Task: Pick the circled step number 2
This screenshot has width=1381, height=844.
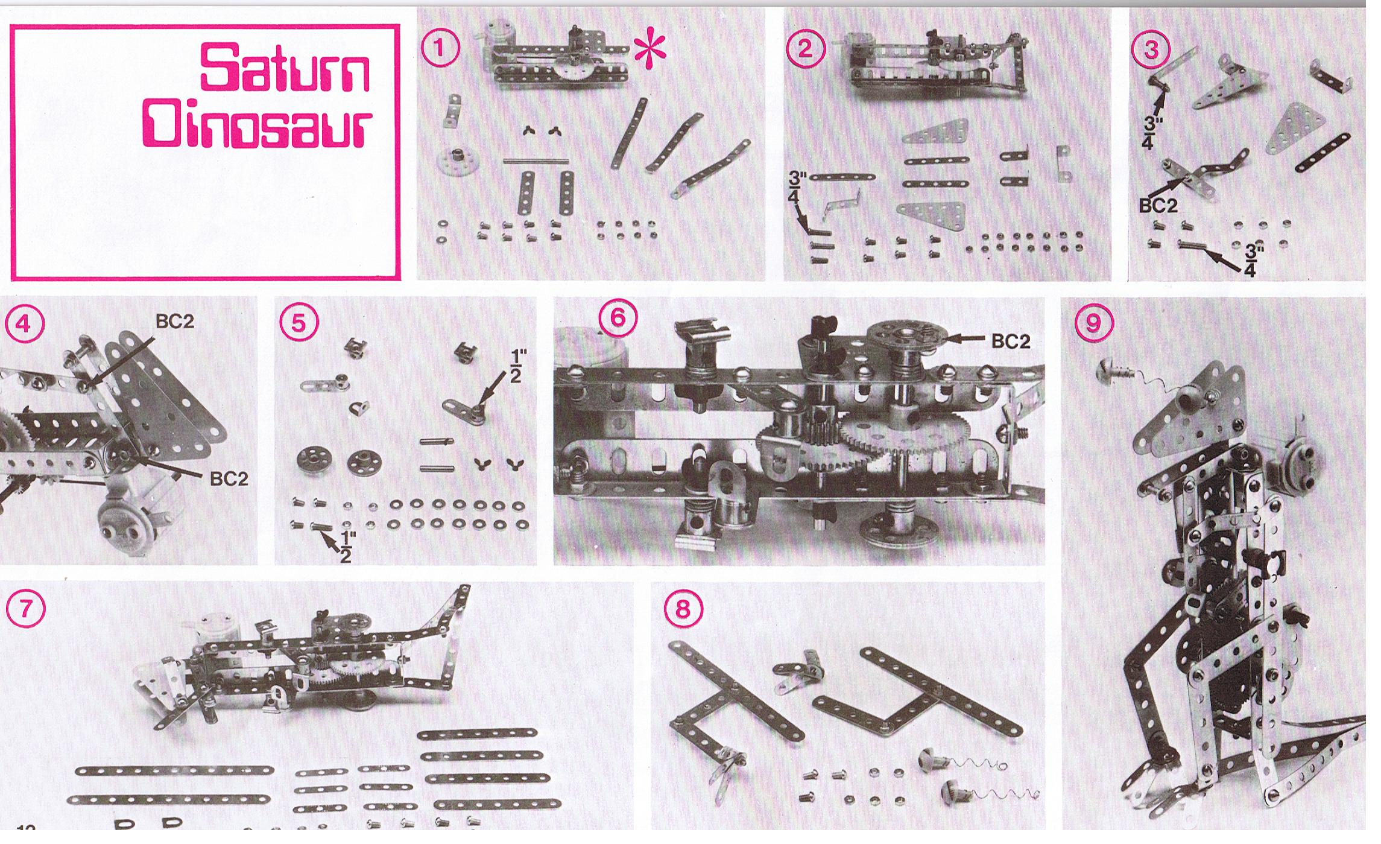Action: [x=804, y=48]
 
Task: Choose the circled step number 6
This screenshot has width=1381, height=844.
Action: [x=618, y=318]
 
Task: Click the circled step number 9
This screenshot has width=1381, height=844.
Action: [x=1092, y=325]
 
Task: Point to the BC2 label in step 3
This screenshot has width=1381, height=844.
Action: [x=1158, y=206]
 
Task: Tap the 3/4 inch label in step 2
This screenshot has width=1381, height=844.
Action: [x=798, y=188]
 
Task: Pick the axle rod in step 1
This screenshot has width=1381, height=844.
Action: [x=536, y=161]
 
